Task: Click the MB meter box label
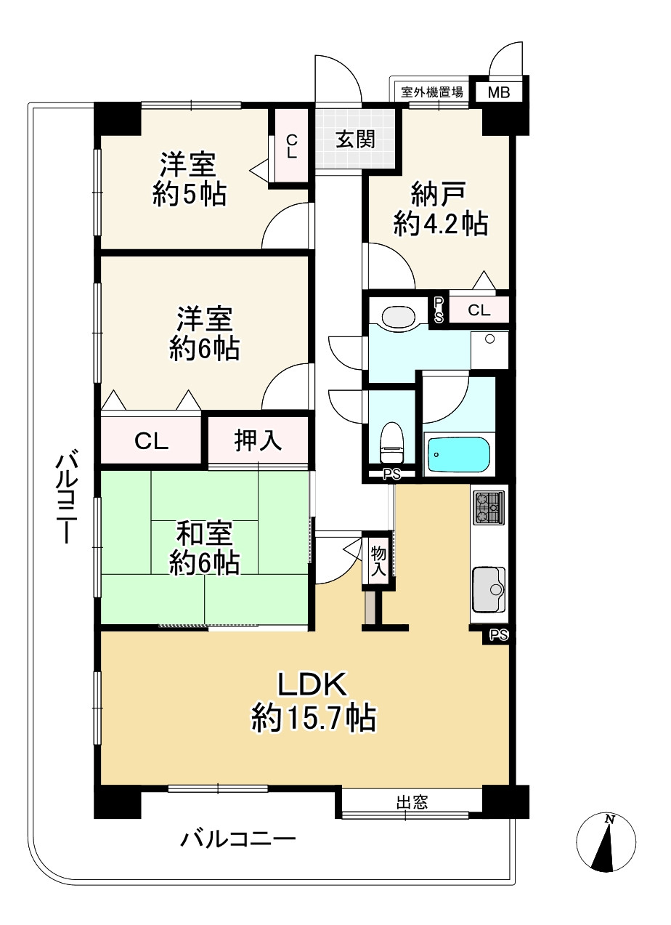click(x=498, y=92)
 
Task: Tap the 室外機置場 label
click(x=431, y=92)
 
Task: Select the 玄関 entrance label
click(x=355, y=139)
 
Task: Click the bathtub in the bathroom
click(x=458, y=454)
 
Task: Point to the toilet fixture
click(x=391, y=443)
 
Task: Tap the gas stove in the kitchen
click(x=489, y=507)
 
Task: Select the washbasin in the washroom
click(x=398, y=317)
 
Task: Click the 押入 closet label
click(x=258, y=440)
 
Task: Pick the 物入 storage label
click(x=378, y=561)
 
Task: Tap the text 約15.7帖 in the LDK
click(x=314, y=717)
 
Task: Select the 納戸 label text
click(x=439, y=194)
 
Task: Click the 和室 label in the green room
click(x=204, y=533)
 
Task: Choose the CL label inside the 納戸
click(x=479, y=310)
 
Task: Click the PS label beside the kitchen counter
click(x=498, y=634)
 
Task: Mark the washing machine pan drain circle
click(x=489, y=339)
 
